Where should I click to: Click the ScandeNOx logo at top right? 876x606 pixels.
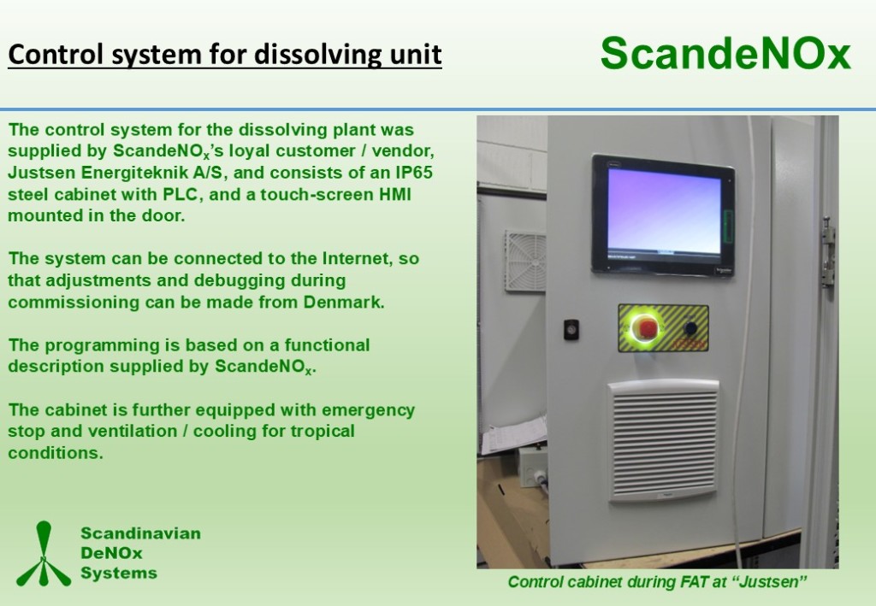pyautogui.click(x=725, y=54)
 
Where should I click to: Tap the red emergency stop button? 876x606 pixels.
pyautogui.click(x=648, y=327)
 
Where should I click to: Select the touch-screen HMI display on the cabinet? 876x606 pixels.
pyautogui.click(x=663, y=215)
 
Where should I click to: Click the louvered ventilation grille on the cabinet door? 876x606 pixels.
pyautogui.click(x=663, y=441)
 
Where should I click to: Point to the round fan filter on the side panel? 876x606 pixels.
pyautogui.click(x=525, y=262)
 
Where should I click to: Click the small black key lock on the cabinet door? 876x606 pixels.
pyautogui.click(x=571, y=330)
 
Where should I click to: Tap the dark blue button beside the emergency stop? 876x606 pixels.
pyautogui.click(x=691, y=328)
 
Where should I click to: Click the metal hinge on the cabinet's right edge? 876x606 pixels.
pyautogui.click(x=828, y=251)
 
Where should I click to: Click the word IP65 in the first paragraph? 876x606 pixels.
pyautogui.click(x=414, y=173)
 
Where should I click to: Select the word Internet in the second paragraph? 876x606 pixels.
pyautogui.click(x=355, y=258)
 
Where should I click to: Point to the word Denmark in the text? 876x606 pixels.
pyautogui.click(x=344, y=302)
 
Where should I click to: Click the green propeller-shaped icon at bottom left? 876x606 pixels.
pyautogui.click(x=44, y=554)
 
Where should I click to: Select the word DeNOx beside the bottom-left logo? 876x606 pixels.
pyautogui.click(x=112, y=553)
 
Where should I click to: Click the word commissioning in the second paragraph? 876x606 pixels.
pyautogui.click(x=74, y=303)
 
